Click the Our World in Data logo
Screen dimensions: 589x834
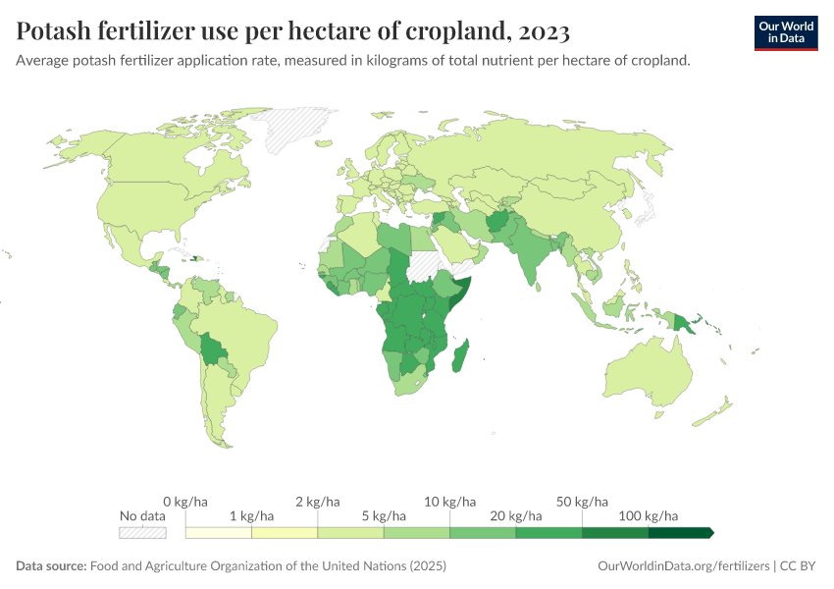[x=786, y=31]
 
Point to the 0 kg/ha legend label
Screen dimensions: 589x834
[x=185, y=502]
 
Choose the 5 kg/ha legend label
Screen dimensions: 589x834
[x=384, y=515]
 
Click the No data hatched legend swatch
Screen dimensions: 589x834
[x=141, y=533]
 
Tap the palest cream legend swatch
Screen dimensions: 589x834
[x=219, y=533]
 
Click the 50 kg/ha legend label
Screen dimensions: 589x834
[x=582, y=502]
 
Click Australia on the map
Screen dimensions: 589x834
[x=647, y=378]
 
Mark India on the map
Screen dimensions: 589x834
[x=535, y=265]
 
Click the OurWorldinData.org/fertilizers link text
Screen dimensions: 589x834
[x=682, y=566]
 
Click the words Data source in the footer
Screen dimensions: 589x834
[x=51, y=566]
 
